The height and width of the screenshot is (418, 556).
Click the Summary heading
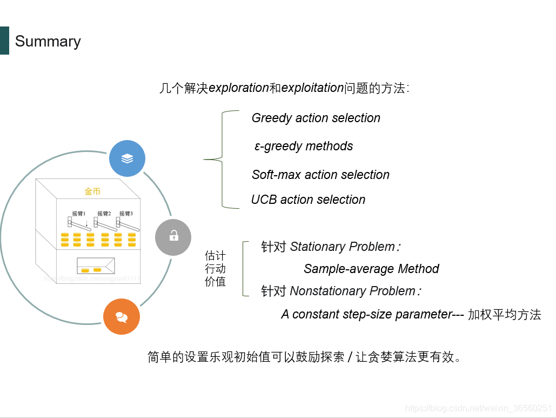point(48,42)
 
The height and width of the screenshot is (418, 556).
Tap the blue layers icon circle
point(127,158)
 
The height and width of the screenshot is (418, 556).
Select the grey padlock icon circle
point(173,237)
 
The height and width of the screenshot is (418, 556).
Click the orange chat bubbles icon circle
point(122,317)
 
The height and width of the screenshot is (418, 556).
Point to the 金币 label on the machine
point(92,191)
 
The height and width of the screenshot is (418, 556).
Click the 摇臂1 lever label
point(79,214)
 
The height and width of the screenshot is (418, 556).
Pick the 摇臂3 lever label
point(126,214)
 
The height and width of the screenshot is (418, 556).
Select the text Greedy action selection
point(316,118)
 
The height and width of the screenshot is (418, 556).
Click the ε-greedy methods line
point(304,146)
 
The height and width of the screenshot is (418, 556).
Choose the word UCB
point(264,200)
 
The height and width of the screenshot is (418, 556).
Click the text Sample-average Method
point(371,269)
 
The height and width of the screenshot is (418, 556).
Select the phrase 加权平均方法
point(504,314)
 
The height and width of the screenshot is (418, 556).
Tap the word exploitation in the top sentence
point(313,88)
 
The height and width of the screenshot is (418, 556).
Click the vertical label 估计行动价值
point(215,268)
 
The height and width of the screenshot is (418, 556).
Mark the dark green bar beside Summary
point(4,41)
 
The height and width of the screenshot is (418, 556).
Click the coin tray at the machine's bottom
point(96,266)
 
